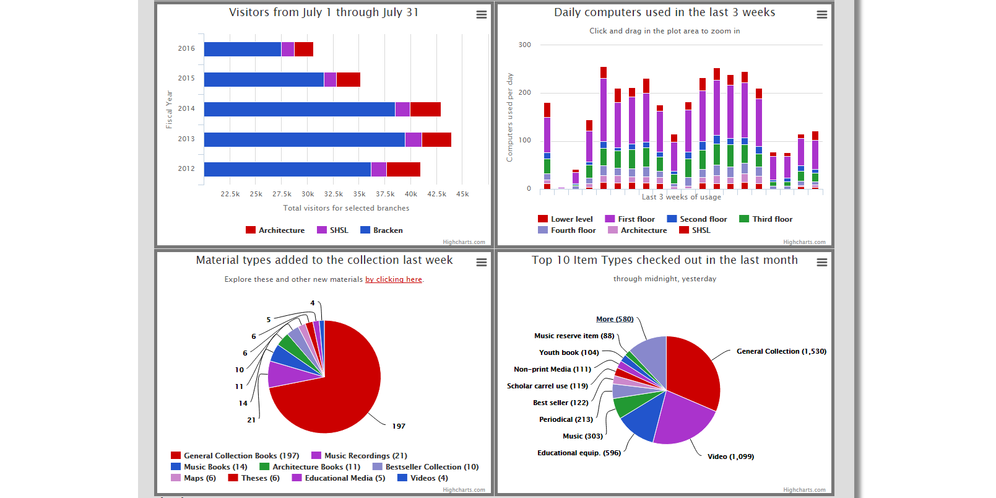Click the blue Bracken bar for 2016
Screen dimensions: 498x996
(x=243, y=49)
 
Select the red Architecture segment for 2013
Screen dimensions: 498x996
(x=436, y=139)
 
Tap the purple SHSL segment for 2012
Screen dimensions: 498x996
(x=379, y=169)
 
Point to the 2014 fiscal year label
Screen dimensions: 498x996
(x=186, y=108)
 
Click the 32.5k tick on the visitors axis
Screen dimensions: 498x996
(x=334, y=194)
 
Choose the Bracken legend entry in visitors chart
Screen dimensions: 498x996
(x=381, y=230)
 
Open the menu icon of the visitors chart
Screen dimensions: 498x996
(x=481, y=15)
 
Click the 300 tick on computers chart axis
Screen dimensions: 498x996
(x=524, y=45)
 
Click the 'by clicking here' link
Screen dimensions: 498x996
(x=394, y=279)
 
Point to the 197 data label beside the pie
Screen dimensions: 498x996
(x=399, y=426)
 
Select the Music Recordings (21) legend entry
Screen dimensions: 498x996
(x=359, y=456)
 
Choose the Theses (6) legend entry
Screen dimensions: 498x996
(x=254, y=478)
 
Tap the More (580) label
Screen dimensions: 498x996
(x=615, y=320)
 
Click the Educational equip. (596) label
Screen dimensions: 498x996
(x=579, y=453)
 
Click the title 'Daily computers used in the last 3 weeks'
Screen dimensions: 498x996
(x=664, y=12)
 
